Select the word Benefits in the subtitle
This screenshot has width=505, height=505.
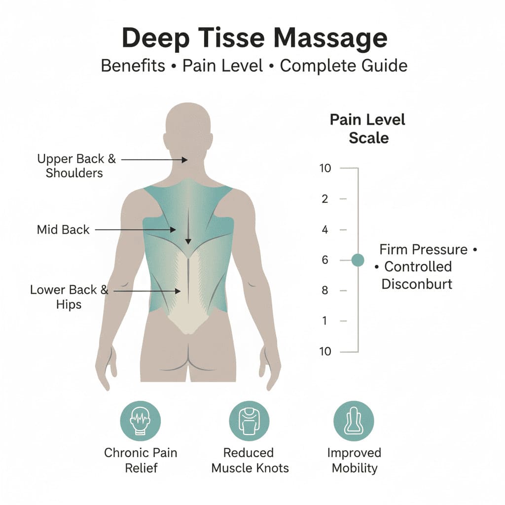click(x=133, y=65)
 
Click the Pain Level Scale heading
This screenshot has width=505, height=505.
click(x=368, y=129)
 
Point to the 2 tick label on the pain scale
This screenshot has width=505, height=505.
click(x=325, y=199)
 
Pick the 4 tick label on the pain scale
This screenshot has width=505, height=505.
click(x=325, y=229)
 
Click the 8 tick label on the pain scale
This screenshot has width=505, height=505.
click(x=325, y=290)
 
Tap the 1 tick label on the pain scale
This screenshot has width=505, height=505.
click(x=325, y=321)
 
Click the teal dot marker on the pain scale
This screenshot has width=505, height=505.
click(x=358, y=260)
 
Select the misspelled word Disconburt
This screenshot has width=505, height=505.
click(x=417, y=284)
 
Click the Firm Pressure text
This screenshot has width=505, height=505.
click(x=424, y=250)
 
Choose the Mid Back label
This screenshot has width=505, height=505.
click(x=63, y=229)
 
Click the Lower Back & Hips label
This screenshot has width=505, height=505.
click(x=69, y=297)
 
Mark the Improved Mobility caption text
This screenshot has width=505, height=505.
click(x=354, y=460)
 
